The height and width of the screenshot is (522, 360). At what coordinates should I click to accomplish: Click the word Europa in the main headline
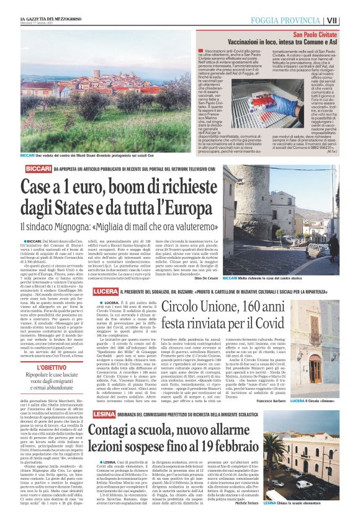pyautogui.click(x=172, y=208)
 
